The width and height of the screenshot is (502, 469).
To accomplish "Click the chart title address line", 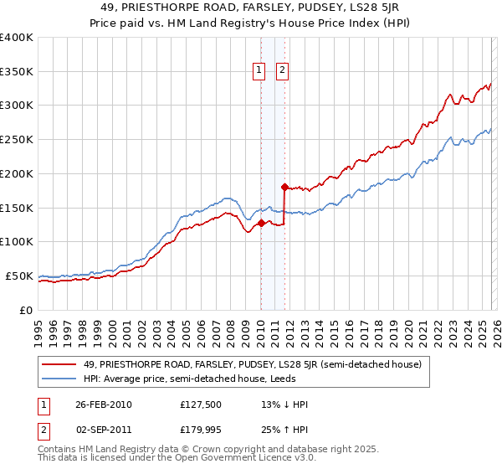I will pos(251,8).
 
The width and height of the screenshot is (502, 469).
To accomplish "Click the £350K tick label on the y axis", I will pos(17,71).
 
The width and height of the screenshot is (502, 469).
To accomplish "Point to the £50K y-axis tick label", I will pos(19,276).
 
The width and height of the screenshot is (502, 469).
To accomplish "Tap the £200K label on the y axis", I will pos(17,173).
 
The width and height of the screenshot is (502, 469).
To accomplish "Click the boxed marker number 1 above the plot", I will pos(260,71).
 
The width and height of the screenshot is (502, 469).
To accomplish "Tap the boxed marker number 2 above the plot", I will pos(283,71).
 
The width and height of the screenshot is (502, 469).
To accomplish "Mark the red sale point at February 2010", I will pos(261,223).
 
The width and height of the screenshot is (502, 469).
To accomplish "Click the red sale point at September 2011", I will pos(284,187).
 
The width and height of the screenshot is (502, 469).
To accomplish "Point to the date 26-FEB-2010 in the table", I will pos(103,405).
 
